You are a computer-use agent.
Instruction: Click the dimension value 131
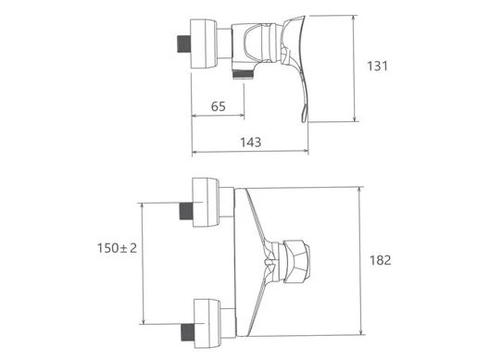(377, 66)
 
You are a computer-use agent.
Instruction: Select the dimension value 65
(219, 106)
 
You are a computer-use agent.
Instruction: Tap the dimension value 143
(250, 143)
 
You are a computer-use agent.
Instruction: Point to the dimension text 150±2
(117, 248)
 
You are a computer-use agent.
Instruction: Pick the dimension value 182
(381, 260)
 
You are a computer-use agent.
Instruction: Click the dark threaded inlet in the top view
(183, 44)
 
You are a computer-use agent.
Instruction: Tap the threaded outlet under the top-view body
(243, 74)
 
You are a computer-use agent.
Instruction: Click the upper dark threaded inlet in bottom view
(186, 211)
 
